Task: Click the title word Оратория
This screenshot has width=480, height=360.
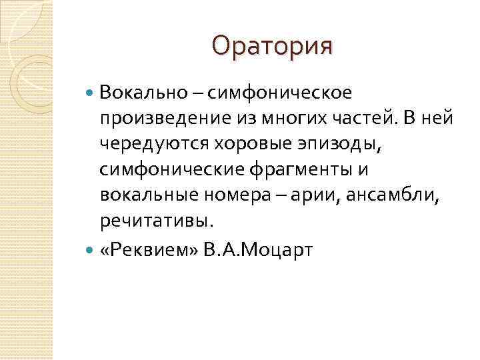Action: click(271, 46)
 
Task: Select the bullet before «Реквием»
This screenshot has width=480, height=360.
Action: click(92, 251)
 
